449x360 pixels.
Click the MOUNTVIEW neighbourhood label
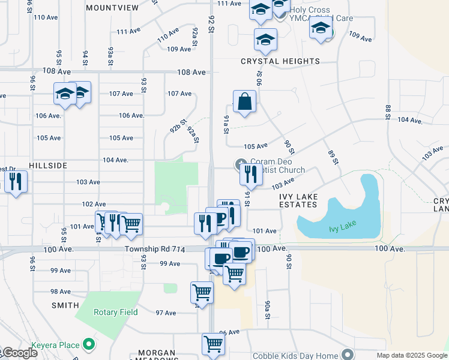pyautogui.click(x=112, y=8)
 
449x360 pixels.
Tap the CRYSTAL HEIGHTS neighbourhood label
pyautogui.click(x=280, y=61)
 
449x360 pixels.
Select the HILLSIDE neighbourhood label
pyautogui.click(x=47, y=164)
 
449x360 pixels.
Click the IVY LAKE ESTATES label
pyautogui.click(x=298, y=200)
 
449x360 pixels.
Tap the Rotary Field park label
pyautogui.click(x=115, y=312)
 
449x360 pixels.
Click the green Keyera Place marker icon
pyautogui.click(x=89, y=344)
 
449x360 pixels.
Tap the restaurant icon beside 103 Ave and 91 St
pyautogui.click(x=250, y=174)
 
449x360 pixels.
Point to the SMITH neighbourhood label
pyautogui.click(x=65, y=305)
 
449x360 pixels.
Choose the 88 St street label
pyautogui.click(x=388, y=112)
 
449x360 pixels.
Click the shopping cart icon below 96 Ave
pyautogui.click(x=213, y=344)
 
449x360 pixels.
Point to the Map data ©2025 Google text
pyautogui.click(x=411, y=355)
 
